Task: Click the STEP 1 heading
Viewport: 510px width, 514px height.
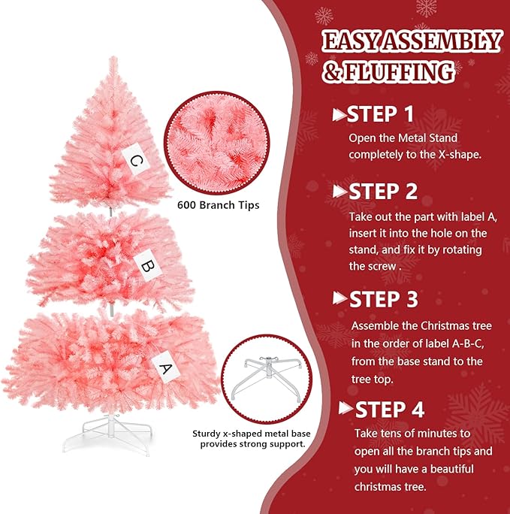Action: [381, 114]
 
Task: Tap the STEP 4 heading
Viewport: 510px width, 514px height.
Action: [389, 410]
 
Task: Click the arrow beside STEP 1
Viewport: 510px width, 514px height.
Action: [339, 115]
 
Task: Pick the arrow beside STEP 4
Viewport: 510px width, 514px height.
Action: [346, 409]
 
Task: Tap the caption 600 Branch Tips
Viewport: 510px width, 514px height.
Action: [219, 204]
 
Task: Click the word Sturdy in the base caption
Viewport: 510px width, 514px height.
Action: [206, 434]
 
